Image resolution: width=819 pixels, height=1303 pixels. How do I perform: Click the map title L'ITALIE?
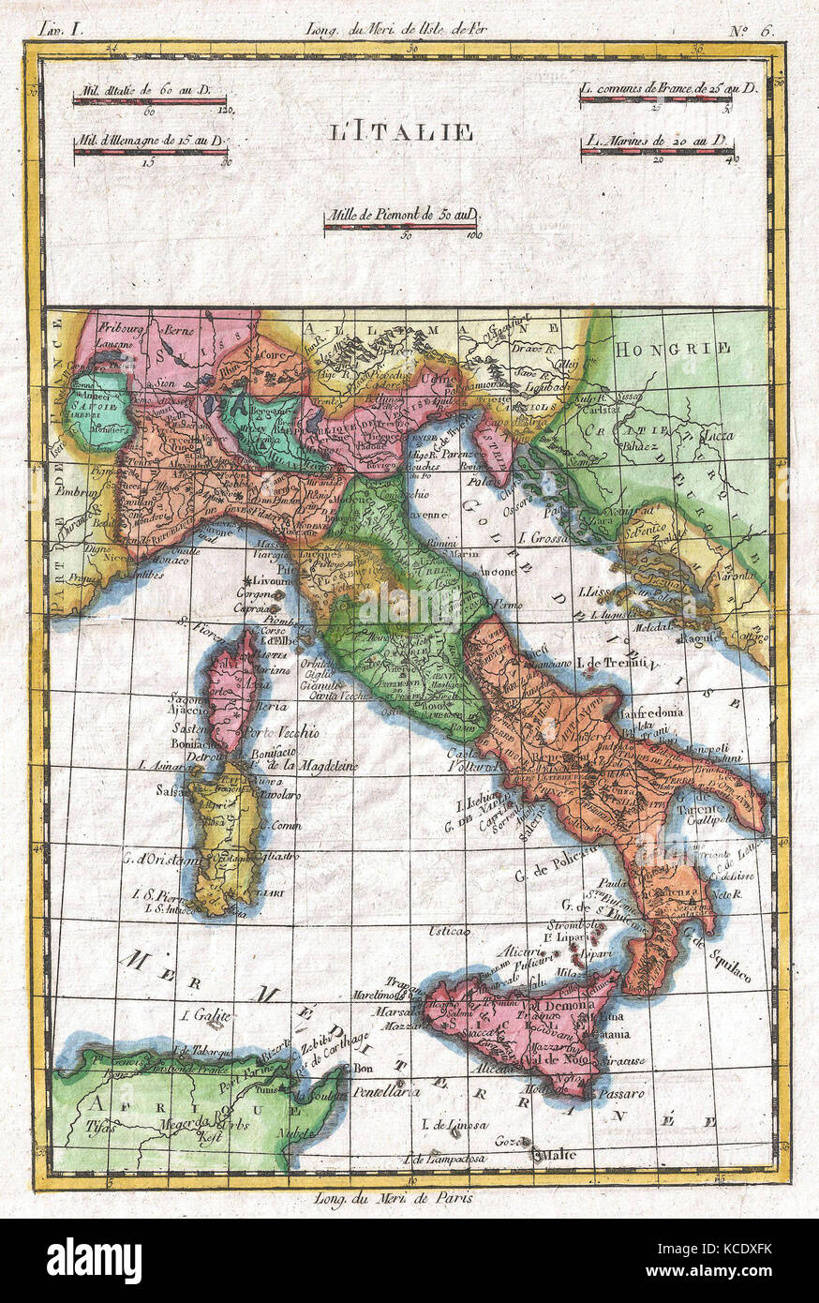401,132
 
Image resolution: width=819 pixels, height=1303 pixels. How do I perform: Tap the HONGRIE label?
672,349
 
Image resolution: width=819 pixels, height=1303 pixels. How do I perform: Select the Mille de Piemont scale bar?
401,226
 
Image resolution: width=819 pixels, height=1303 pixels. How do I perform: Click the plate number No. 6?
754,28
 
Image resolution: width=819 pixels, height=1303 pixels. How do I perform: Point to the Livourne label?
272,581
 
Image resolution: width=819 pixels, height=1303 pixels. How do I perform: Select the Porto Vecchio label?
281,731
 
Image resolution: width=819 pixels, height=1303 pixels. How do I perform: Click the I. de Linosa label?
454,1124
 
